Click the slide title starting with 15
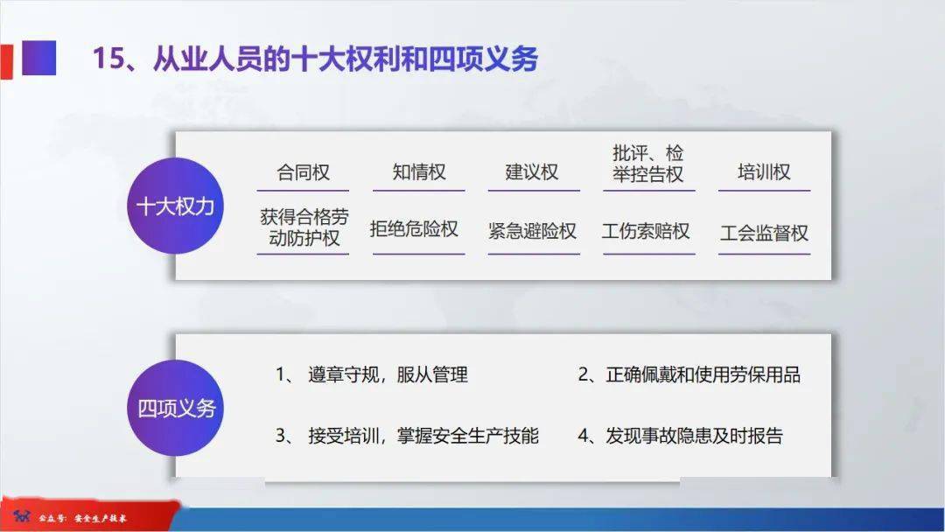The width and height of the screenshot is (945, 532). point(315,59)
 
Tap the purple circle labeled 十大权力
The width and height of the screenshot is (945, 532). point(175,206)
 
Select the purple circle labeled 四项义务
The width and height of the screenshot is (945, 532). point(175,408)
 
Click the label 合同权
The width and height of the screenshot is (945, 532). point(303,172)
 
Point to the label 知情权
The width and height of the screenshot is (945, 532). point(419,172)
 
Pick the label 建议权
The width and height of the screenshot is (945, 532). point(532,172)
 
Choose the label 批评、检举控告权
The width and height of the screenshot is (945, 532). point(647,164)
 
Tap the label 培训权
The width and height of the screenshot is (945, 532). point(764,172)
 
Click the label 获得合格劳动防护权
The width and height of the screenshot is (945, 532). point(304,227)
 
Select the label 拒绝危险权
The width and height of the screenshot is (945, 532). point(414,229)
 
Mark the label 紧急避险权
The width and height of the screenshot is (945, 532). point(532,231)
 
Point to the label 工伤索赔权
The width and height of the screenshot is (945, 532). point(646,231)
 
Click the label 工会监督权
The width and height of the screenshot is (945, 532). point(764,233)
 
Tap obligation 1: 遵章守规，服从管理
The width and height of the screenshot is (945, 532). point(372,374)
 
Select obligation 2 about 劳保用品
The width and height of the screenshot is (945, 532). point(689,374)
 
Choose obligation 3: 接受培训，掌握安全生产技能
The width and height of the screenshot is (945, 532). point(407,436)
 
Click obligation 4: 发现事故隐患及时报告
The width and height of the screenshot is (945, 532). point(681,436)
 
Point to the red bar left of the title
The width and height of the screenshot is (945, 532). point(6,61)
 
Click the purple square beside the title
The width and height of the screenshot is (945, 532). point(39,58)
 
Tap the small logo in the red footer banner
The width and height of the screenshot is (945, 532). point(22,516)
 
